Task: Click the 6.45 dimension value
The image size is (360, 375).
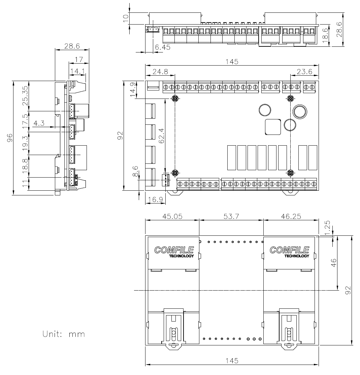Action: pos(162,48)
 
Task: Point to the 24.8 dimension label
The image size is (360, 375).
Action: pos(160,71)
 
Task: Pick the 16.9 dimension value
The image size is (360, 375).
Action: pos(155,200)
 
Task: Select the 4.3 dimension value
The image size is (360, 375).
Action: pos(39,123)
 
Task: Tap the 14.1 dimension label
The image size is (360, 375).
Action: pos(77,71)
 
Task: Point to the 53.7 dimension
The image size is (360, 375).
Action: pos(231,217)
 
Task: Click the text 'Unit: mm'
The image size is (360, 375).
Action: pos(64,334)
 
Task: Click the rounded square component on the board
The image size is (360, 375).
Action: pos(273,127)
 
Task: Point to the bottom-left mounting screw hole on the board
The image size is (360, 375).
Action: pos(175,173)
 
